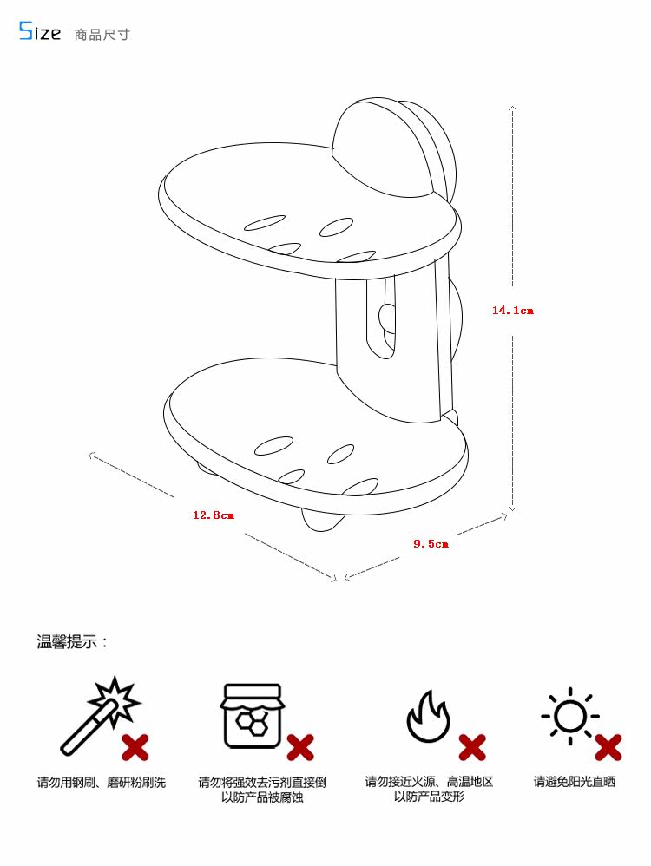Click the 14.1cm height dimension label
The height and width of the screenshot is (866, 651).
513,311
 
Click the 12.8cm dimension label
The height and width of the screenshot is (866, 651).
214,515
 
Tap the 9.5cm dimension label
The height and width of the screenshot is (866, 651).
431,544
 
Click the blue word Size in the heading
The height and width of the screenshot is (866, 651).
40,31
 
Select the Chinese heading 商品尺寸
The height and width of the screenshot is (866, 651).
102,34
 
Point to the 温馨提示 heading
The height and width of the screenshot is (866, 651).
72,642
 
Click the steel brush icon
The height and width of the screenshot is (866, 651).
100,715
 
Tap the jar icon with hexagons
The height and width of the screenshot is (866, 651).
253,717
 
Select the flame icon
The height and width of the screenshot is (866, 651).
428,717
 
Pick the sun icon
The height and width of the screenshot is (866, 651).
570,717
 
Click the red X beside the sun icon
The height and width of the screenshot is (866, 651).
608,748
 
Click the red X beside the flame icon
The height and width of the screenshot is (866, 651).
472,748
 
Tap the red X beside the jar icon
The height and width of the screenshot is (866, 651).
300,748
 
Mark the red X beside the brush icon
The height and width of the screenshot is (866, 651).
135,748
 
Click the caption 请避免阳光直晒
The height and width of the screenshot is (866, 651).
575,782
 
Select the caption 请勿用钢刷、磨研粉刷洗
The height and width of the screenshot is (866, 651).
102,783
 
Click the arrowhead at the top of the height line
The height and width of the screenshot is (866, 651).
513,107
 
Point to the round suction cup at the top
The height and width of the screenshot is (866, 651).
390,149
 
